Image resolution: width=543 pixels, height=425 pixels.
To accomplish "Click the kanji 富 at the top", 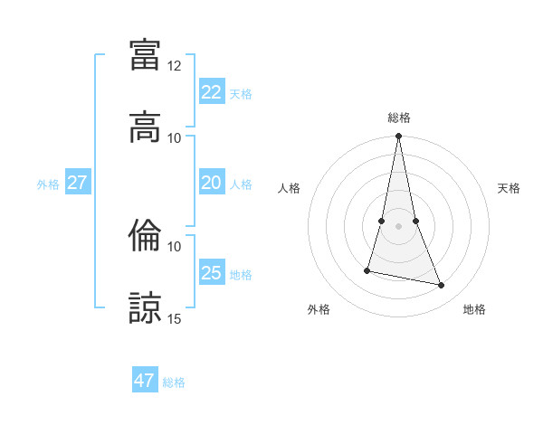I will [145, 54].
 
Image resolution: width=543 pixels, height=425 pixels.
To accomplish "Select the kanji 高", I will [145, 127].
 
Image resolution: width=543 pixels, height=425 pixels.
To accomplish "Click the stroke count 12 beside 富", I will [175, 66].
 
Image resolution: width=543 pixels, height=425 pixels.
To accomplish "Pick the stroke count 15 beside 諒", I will [175, 318].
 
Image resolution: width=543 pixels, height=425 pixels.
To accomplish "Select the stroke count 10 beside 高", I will [175, 137].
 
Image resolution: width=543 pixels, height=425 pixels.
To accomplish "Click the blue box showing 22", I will [211, 92].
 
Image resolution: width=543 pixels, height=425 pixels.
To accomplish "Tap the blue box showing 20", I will [211, 183].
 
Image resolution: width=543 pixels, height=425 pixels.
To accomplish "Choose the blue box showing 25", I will [211, 273].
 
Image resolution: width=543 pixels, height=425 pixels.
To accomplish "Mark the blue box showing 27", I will [77, 183].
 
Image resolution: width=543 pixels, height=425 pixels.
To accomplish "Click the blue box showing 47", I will [144, 381].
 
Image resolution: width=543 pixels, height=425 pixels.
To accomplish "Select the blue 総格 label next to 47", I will [174, 382].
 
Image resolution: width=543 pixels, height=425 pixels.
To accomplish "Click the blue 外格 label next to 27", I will [48, 184].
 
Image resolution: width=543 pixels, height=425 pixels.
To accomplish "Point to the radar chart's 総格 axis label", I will [398, 118].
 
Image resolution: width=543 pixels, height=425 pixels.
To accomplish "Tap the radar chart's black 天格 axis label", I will [509, 188].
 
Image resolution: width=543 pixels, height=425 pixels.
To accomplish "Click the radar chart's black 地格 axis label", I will [474, 309].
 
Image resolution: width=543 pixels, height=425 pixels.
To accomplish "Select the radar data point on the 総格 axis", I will [398, 137].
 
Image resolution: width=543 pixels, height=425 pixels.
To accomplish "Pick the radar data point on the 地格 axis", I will [442, 286].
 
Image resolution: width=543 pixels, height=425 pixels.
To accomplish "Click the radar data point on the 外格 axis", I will [367, 269].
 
